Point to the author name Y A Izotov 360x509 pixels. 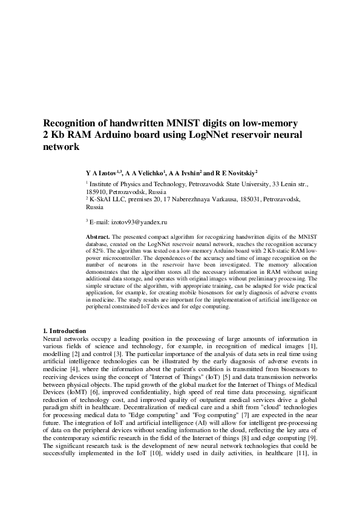tap(101, 172)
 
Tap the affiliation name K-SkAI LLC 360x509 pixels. tap(108, 198)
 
